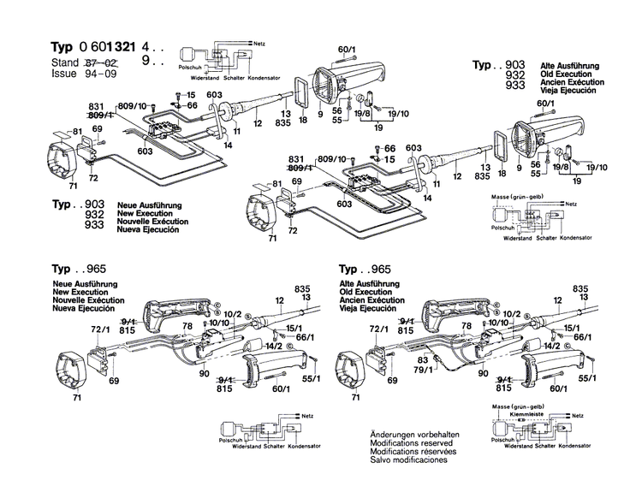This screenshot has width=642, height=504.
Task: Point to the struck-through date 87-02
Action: click(x=101, y=63)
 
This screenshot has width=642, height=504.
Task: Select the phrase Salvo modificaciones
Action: click(x=409, y=460)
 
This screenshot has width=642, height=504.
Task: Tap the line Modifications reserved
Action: click(x=413, y=443)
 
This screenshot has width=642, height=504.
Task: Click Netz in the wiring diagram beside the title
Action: click(x=259, y=42)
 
